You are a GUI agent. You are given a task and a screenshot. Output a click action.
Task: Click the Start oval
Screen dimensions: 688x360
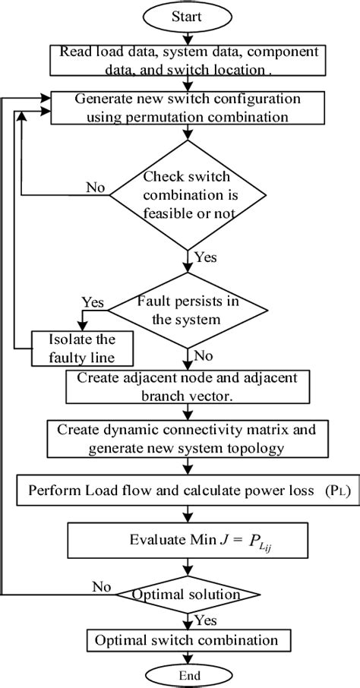click(185, 15)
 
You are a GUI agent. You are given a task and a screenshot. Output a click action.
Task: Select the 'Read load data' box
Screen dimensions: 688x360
click(185, 61)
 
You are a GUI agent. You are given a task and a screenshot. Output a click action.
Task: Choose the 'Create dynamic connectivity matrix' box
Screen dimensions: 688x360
click(185, 438)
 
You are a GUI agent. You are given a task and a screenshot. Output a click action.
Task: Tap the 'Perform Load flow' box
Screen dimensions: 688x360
click(185, 490)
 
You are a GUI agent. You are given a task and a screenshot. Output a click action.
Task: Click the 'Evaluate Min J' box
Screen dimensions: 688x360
click(185, 541)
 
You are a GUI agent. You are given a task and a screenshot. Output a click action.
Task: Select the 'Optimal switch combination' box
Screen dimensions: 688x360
click(185, 640)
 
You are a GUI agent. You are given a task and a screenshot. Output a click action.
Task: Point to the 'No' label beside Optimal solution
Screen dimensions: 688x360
click(100, 587)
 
